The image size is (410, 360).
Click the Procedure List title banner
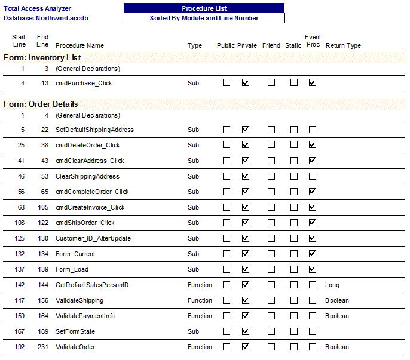[204, 8]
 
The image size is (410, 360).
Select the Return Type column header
[343, 45]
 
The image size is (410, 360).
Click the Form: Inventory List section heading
[42, 58]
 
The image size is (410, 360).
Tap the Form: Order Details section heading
[41, 104]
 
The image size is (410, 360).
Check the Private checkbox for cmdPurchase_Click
[246, 83]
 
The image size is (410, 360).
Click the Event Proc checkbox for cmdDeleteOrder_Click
[313, 145]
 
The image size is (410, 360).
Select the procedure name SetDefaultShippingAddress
[94, 130]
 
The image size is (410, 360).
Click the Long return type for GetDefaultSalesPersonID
[332, 285]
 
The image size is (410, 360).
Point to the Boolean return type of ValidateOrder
[337, 347]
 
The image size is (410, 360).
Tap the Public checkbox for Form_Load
[227, 269]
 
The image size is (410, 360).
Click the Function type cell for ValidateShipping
[200, 300]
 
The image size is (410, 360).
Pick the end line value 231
[42, 347]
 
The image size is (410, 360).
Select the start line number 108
[20, 223]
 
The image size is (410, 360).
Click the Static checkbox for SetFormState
[294, 331]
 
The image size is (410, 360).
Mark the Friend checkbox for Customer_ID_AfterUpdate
[271, 238]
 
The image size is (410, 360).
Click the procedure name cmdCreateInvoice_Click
[90, 207]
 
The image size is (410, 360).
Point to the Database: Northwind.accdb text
[41, 18]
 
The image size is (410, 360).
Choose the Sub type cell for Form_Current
[193, 254]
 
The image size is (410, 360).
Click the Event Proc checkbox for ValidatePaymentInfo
[313, 316]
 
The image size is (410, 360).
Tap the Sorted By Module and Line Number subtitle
[204, 18]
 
